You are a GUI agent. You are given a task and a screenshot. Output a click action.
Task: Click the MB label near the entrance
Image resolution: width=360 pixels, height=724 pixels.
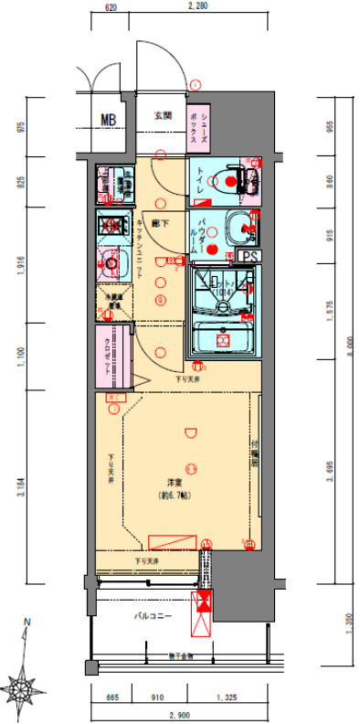109,118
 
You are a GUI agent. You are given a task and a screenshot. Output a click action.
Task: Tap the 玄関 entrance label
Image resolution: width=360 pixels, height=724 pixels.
163,116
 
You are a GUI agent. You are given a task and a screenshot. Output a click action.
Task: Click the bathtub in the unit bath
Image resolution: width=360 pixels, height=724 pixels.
223,339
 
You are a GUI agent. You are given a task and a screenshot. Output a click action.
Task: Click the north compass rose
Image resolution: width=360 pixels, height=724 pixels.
25,682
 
